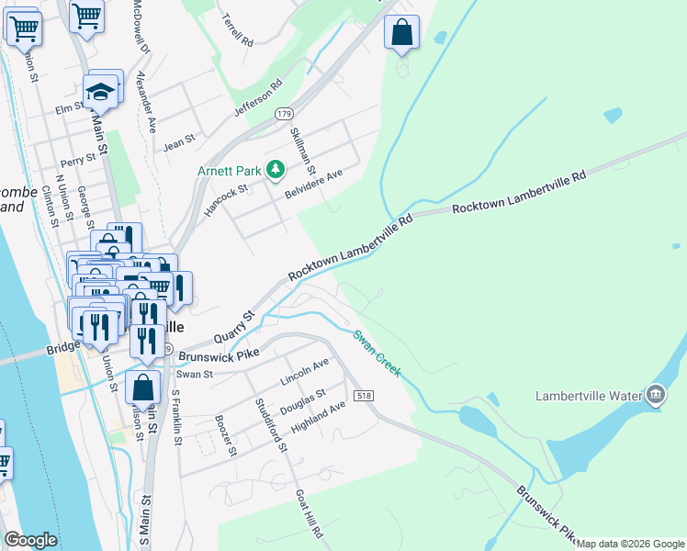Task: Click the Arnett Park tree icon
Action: pyautogui.click(x=275, y=169)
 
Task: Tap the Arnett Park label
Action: pyautogui.click(x=230, y=170)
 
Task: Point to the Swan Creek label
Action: pyautogui.click(x=377, y=352)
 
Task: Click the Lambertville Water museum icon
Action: pyautogui.click(x=655, y=396)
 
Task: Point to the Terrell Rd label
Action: pyautogui.click(x=237, y=29)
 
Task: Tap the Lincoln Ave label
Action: pyautogui.click(x=304, y=372)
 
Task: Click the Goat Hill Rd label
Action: pyautogui.click(x=308, y=514)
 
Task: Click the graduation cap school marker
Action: pyautogui.click(x=99, y=91)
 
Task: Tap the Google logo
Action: pyautogui.click(x=30, y=540)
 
